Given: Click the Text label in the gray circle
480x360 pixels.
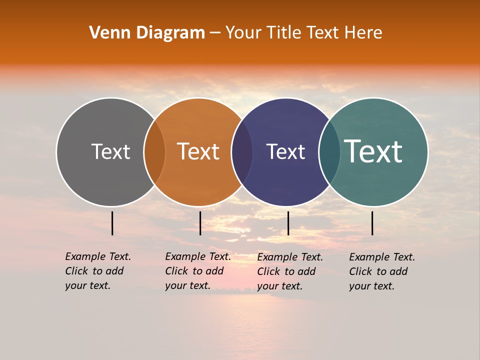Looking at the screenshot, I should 110,151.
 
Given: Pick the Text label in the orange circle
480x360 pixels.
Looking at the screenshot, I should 198,151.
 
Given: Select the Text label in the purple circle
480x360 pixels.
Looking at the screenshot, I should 285,151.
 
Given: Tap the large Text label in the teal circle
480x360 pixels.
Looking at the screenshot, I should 373,151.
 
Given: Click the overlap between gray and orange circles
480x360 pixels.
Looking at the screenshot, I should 154,152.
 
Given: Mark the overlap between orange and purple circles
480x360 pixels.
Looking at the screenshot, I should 242,152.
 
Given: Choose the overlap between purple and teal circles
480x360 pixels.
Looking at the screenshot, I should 329,152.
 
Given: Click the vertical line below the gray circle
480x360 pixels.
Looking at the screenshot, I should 112,223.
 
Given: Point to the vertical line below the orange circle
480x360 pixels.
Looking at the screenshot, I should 200,223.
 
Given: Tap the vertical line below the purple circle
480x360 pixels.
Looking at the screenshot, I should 288,223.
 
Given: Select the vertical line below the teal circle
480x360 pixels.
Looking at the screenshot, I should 372,223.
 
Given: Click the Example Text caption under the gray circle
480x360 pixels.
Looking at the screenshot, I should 98,271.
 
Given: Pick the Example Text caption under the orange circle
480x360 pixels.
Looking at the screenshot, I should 198,271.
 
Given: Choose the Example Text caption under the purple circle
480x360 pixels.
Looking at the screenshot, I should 290,271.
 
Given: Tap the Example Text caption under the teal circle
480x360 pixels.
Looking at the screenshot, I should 382,271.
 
